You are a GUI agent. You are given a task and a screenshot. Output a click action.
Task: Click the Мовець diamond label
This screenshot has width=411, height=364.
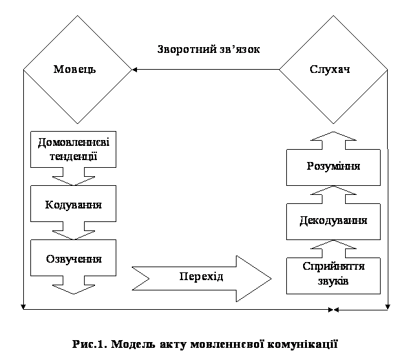(x=75, y=70)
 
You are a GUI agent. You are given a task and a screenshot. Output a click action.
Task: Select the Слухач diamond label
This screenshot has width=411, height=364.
(x=330, y=70)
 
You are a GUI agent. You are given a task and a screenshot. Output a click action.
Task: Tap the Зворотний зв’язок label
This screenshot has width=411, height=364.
(x=209, y=49)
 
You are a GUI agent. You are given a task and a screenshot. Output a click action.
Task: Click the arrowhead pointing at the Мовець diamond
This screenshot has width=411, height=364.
(x=134, y=70)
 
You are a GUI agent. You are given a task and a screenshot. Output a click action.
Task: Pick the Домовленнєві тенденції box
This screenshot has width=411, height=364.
(x=74, y=149)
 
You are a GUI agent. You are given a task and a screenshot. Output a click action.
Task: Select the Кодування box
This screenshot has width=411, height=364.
(x=74, y=204)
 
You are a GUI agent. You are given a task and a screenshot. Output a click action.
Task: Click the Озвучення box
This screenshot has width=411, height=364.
(x=74, y=258)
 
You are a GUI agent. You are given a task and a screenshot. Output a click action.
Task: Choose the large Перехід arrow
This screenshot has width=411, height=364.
(x=202, y=279)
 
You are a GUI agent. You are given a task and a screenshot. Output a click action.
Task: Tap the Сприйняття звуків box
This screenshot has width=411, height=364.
(x=333, y=276)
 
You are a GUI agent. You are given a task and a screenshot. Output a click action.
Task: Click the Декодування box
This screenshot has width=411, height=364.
(x=333, y=221)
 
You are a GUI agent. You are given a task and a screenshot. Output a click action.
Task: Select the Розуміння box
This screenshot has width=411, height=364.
(x=333, y=167)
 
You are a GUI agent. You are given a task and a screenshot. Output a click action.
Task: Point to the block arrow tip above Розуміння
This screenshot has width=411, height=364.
(x=333, y=132)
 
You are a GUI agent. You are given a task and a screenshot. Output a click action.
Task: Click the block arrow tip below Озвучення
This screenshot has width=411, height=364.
(x=74, y=294)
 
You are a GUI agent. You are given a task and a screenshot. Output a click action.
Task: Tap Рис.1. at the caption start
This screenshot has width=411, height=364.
(x=90, y=344)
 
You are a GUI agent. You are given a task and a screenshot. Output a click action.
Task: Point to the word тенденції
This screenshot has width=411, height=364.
(x=74, y=157)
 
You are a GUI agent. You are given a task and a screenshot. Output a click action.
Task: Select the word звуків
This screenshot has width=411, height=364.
(x=333, y=281)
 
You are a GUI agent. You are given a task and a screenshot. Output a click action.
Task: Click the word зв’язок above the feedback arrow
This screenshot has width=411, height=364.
(x=238, y=49)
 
